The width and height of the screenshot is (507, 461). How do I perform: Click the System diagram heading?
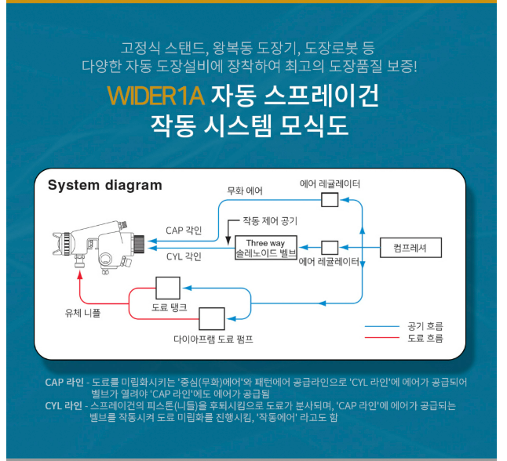point(105,186)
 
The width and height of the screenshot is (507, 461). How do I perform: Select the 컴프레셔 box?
point(411,248)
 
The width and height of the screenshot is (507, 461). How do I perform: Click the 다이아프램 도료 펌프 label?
point(213,339)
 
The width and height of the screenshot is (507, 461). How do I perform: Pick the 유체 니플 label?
point(82,311)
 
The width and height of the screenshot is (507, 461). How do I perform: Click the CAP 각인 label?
point(184,230)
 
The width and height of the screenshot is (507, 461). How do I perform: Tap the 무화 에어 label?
point(245,191)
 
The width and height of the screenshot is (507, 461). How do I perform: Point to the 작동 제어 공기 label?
point(269,221)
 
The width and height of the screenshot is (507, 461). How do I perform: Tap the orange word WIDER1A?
point(155,96)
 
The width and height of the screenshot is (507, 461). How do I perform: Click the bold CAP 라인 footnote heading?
point(64,383)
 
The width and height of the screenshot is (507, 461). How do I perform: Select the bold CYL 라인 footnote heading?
point(64,406)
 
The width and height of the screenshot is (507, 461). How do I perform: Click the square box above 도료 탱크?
point(168,287)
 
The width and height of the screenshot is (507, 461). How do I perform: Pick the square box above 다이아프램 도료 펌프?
point(211,318)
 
